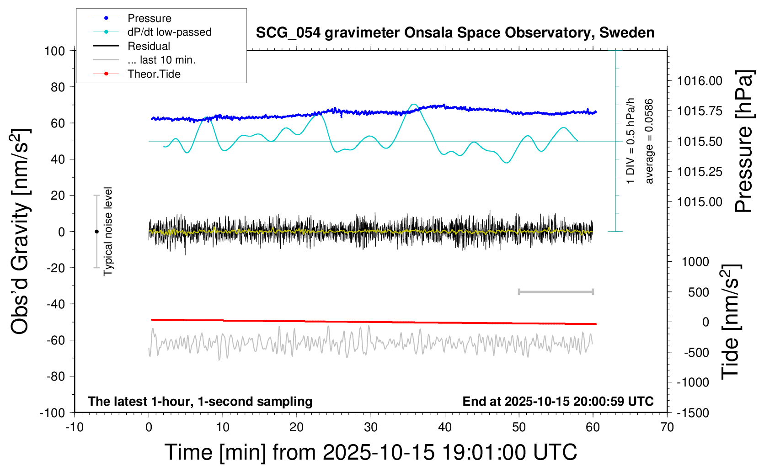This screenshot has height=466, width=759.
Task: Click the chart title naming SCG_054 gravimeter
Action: (455, 33)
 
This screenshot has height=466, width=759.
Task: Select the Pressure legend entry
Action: (149, 18)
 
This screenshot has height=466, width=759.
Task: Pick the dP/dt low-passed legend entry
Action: (169, 32)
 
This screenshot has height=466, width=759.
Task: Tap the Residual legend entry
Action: (149, 46)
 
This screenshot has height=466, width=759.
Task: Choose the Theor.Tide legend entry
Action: (154, 74)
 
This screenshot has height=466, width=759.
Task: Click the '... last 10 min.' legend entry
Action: (161, 60)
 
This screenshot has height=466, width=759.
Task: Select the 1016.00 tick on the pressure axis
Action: (700, 81)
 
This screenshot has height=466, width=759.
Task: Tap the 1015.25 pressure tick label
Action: (700, 172)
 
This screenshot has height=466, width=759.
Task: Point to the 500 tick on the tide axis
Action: (698, 292)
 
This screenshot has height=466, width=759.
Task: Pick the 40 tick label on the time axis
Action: (445, 427)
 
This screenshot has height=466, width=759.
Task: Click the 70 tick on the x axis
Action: (667, 427)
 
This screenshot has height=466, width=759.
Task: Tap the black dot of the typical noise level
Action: (96, 232)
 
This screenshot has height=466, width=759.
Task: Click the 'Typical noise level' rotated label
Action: (108, 231)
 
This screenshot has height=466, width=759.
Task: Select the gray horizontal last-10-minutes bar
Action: (556, 291)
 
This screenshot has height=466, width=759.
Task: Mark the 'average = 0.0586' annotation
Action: (649, 142)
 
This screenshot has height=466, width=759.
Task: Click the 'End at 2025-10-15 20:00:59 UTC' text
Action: (558, 401)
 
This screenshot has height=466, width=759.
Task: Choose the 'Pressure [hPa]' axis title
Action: (743, 142)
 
